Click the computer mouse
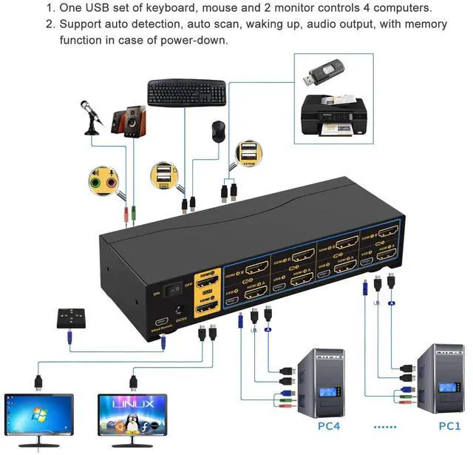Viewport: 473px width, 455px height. click(x=219, y=131)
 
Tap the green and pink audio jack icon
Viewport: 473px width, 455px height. click(x=103, y=180)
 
